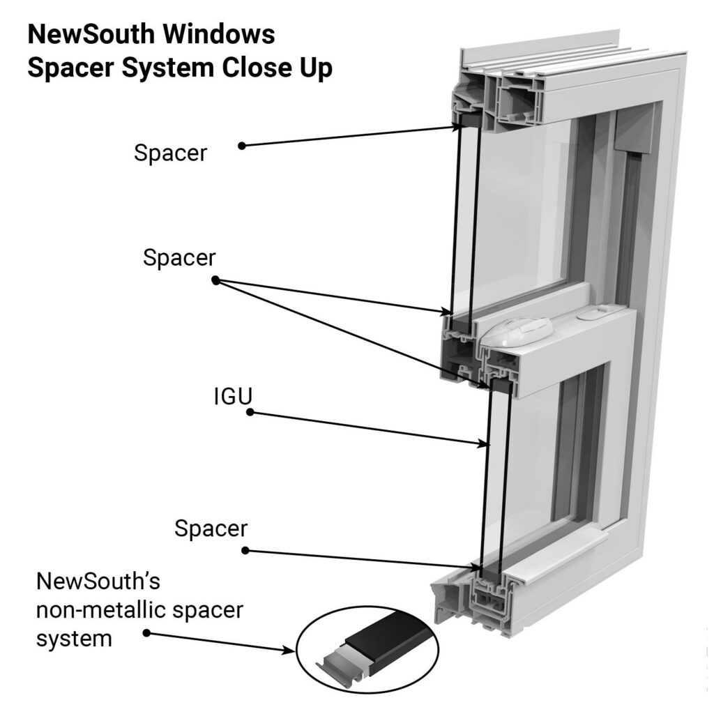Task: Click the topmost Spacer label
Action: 170,153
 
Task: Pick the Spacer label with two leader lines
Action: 179,257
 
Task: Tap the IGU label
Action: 232,396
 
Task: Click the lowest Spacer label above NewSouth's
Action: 211,529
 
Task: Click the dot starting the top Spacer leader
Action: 241,146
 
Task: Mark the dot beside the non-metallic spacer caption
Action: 146,632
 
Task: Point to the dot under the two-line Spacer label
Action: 215,280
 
